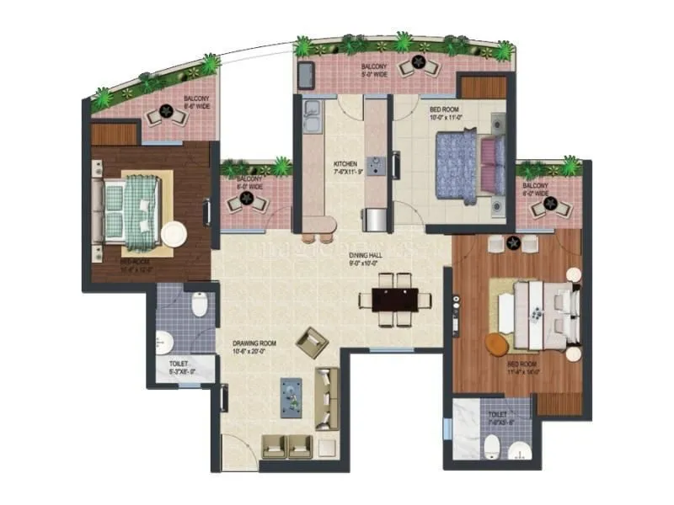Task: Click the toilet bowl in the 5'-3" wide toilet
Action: [200, 304]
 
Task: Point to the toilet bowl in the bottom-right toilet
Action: [492, 448]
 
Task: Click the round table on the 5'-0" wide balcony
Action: [415, 64]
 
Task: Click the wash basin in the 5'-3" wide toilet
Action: [165, 342]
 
